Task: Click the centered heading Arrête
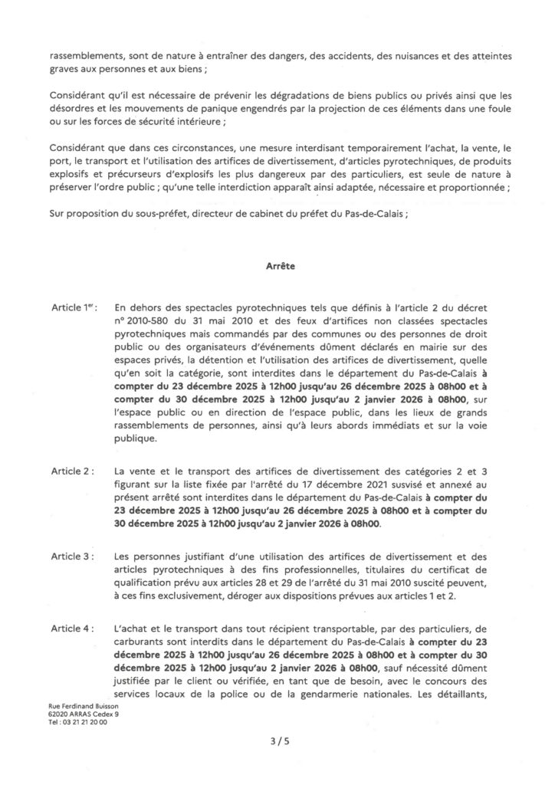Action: click(277, 269)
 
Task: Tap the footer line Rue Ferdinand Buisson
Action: click(78, 705)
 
